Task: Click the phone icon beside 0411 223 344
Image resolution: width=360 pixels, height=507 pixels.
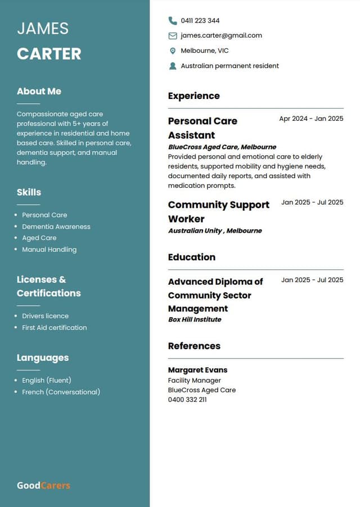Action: point(173,21)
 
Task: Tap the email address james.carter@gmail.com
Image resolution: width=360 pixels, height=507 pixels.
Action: point(221,35)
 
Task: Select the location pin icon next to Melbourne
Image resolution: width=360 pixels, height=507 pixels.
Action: point(173,51)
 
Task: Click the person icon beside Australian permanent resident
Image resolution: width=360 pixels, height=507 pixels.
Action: point(173,66)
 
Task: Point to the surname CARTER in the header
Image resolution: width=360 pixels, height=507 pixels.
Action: point(49,54)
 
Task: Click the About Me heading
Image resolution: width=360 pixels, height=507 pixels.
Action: point(39,91)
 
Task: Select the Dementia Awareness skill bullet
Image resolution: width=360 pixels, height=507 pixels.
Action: point(56,227)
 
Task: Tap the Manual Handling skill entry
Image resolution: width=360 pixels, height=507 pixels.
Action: point(49,250)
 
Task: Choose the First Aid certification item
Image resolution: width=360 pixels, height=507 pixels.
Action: point(54,328)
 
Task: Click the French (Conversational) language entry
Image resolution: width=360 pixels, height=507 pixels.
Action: point(61,392)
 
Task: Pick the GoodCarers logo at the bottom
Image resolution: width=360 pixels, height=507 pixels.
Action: point(43,485)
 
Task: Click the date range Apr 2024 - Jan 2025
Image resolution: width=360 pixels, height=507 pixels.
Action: point(311,119)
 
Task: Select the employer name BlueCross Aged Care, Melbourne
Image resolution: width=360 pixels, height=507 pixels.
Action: point(222,147)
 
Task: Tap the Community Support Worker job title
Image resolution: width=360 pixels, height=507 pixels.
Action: point(219,212)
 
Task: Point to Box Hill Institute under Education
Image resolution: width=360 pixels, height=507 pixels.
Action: point(195,319)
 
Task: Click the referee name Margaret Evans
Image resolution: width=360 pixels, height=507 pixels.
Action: point(197,370)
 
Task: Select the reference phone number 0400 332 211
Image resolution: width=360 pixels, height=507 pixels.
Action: point(187,400)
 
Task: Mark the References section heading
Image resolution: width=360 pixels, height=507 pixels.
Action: point(194,346)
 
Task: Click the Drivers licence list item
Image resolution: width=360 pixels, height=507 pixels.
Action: point(45,316)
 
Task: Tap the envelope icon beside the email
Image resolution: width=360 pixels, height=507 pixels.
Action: point(173,36)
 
